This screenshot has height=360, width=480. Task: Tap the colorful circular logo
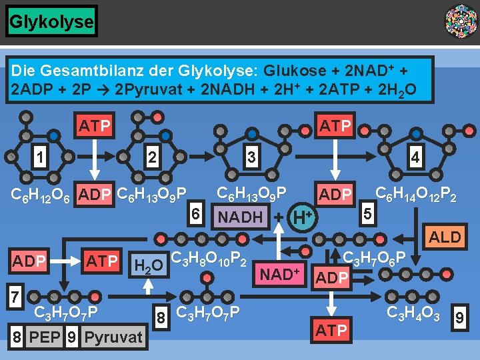[x=461, y=21]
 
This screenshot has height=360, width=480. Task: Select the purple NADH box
[x=240, y=217]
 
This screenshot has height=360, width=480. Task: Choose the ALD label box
[x=445, y=237]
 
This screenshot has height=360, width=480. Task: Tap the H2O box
[x=147, y=265]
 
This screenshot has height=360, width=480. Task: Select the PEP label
[x=46, y=337]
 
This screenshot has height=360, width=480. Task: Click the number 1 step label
[x=41, y=157]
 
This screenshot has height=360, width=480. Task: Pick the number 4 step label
[x=416, y=157]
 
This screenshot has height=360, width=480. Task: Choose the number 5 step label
[x=365, y=215]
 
